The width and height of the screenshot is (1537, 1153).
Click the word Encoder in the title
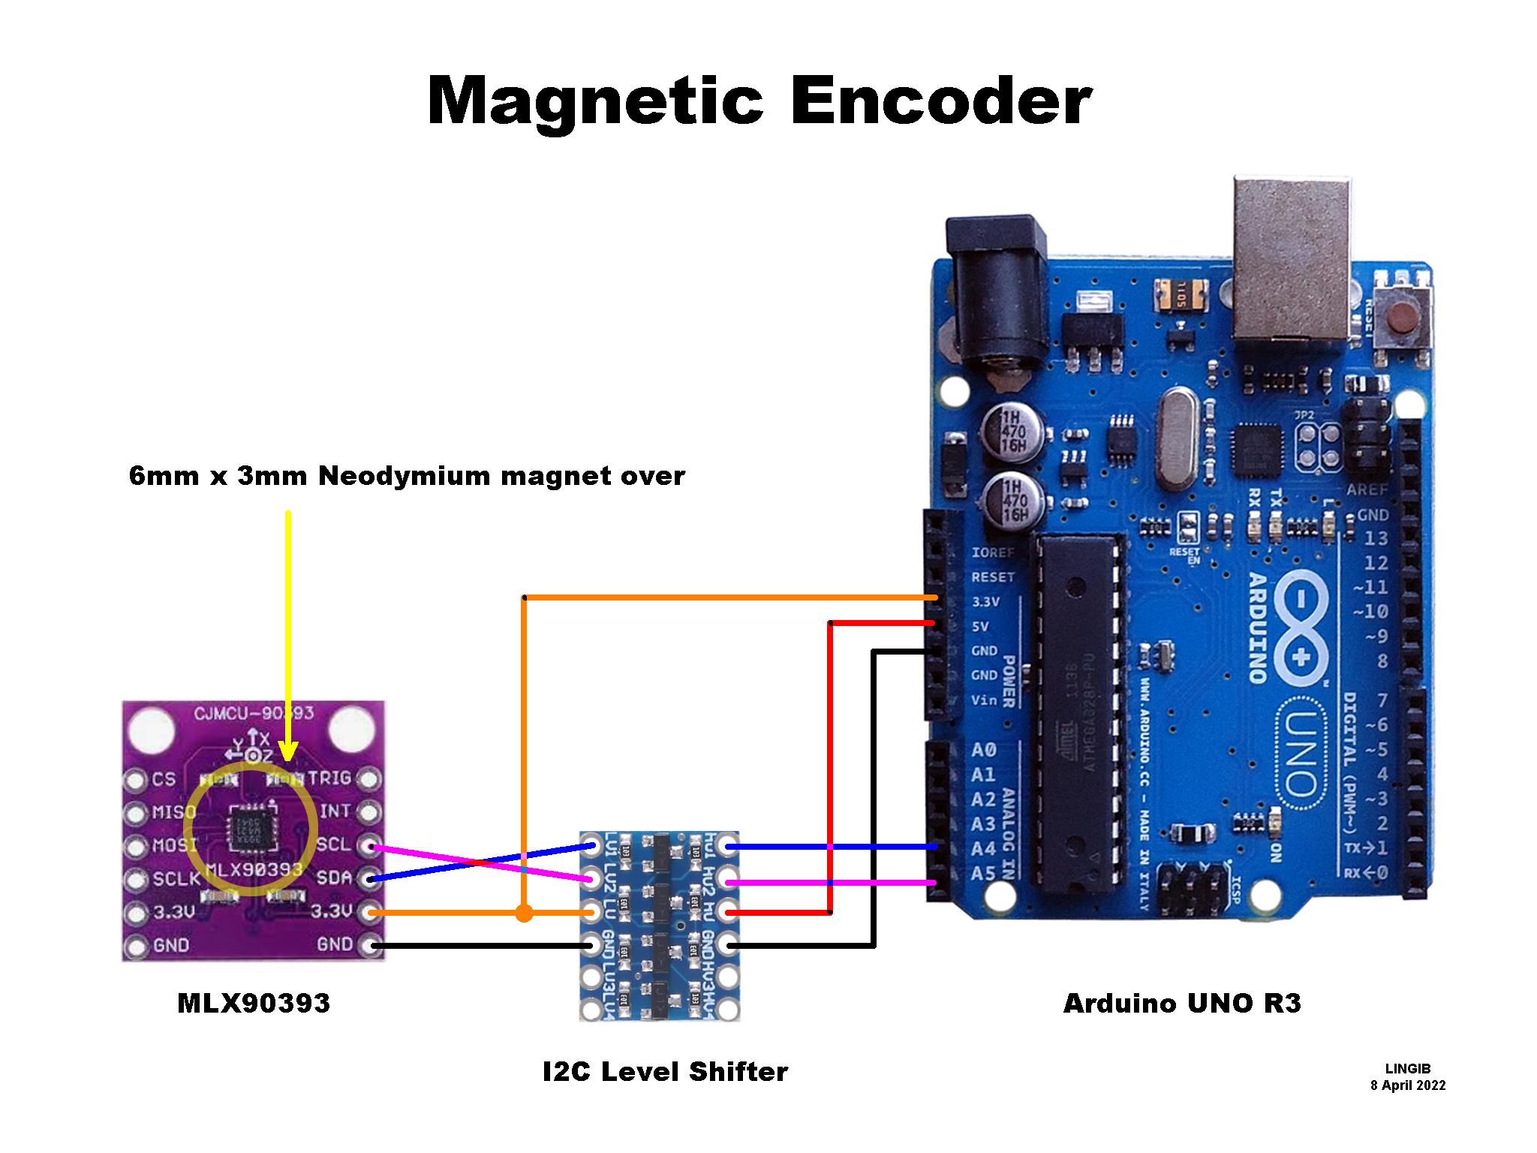[x=940, y=101]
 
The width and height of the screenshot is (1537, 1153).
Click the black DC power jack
[x=997, y=300]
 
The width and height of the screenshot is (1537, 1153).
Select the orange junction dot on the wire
[x=524, y=914]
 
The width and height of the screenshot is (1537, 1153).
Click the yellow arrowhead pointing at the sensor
[x=288, y=751]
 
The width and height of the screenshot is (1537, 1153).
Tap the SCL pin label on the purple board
[x=334, y=844]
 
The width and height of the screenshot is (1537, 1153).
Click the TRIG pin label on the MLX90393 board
[x=330, y=778]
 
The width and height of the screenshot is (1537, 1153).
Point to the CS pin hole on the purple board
[x=135, y=781]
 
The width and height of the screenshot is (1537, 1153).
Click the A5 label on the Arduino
[x=984, y=874]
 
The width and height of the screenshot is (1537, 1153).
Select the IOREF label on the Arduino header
[x=993, y=552]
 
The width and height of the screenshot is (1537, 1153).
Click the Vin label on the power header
[x=985, y=700]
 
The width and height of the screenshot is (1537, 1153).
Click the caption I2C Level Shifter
[x=665, y=1071]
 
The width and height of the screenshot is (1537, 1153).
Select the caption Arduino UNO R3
[x=1182, y=1003]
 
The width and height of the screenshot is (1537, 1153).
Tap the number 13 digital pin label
[x=1376, y=539]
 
